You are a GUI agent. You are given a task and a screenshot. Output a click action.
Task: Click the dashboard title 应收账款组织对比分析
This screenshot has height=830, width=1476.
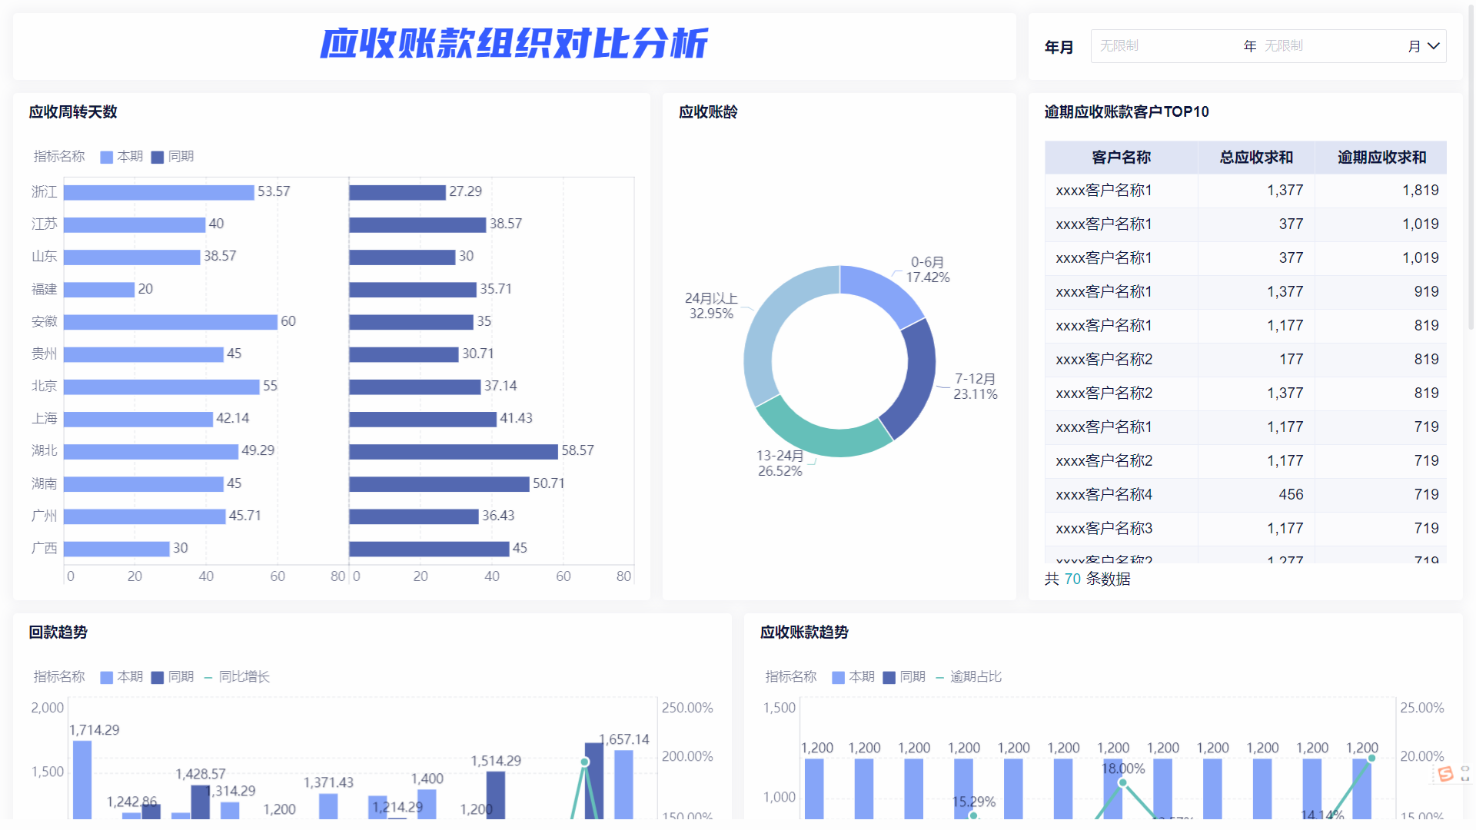[x=514, y=44]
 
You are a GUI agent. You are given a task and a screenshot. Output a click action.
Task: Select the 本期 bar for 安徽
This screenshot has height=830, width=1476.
[x=170, y=322]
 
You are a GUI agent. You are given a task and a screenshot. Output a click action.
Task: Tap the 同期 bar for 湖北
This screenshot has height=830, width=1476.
[x=453, y=451]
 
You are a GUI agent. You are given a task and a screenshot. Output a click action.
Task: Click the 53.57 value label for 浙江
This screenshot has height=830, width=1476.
[x=274, y=191]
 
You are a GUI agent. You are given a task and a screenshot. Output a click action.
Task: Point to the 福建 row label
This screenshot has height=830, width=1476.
[x=45, y=289]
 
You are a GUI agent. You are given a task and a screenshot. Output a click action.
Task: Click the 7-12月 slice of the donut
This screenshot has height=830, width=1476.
[x=912, y=377]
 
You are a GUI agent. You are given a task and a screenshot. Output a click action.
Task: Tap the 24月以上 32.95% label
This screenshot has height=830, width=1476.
[x=711, y=306]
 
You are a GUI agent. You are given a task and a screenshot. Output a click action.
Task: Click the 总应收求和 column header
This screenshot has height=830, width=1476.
[x=1256, y=158]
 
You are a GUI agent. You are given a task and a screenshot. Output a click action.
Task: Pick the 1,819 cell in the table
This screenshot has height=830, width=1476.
[x=1420, y=191]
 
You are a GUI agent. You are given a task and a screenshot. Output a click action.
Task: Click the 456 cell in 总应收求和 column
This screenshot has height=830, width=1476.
[x=1291, y=495]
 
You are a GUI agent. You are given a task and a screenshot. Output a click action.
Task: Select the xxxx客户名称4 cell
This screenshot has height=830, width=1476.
[x=1104, y=495]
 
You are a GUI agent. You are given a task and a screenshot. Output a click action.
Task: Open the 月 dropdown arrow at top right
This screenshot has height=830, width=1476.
[x=1434, y=46]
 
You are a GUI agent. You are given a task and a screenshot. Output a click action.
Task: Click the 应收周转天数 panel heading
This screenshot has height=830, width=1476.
[x=73, y=112]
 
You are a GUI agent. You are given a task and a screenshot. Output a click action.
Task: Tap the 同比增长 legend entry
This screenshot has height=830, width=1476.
[x=244, y=677]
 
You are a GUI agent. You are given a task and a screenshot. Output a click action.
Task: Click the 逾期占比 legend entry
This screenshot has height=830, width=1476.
[x=976, y=677]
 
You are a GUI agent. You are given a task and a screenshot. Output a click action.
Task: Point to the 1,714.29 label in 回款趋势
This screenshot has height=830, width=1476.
[x=95, y=730]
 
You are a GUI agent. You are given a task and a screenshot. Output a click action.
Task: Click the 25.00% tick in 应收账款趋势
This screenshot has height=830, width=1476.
[x=1421, y=708]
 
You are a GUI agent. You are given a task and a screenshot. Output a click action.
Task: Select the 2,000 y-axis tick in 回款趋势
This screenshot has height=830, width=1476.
[x=48, y=708]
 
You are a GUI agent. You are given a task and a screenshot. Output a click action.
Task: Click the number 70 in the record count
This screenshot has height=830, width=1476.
[x=1072, y=579]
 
